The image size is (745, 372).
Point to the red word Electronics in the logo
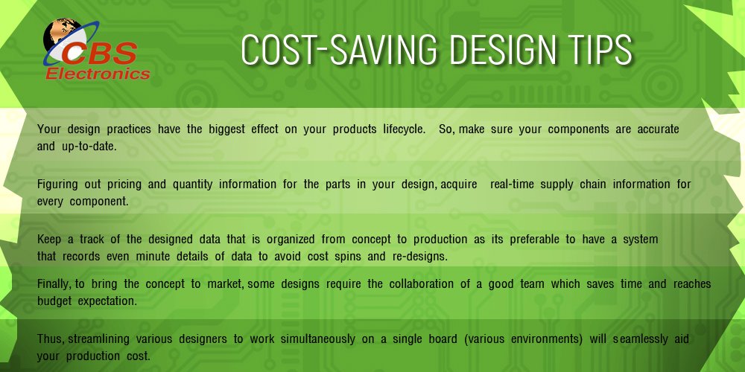pyautogui.click(x=98, y=74)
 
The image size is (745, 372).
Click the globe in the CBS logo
pyautogui.click(x=59, y=36)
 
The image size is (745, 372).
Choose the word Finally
pyautogui.click(x=54, y=284)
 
